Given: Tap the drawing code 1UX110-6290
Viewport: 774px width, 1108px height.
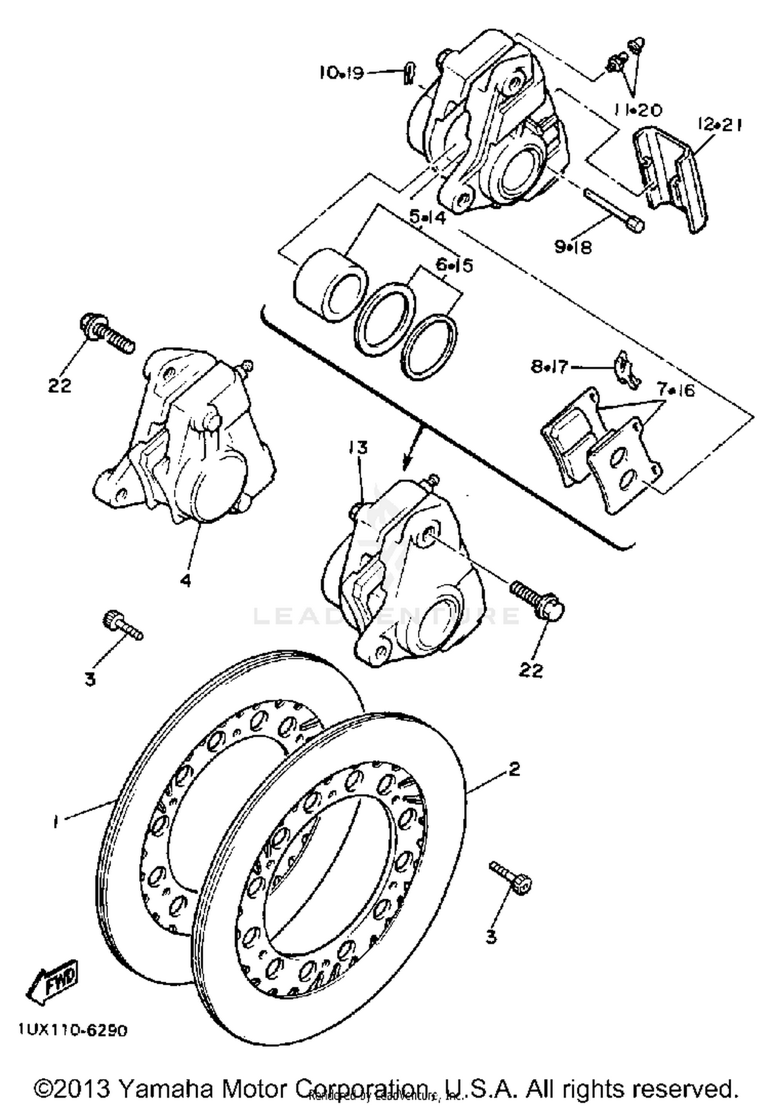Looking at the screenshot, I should [72, 1031].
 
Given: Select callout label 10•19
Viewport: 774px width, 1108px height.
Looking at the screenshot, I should [341, 73].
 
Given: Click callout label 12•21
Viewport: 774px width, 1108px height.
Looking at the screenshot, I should [719, 124].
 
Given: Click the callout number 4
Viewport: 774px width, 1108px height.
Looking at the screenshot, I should [185, 580].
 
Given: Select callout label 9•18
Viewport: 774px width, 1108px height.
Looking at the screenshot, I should [573, 247].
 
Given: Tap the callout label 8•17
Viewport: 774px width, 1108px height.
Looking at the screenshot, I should [549, 367].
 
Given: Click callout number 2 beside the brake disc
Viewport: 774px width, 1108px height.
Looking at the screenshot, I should [514, 769].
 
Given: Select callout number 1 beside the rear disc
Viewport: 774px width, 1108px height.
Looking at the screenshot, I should [56, 821].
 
